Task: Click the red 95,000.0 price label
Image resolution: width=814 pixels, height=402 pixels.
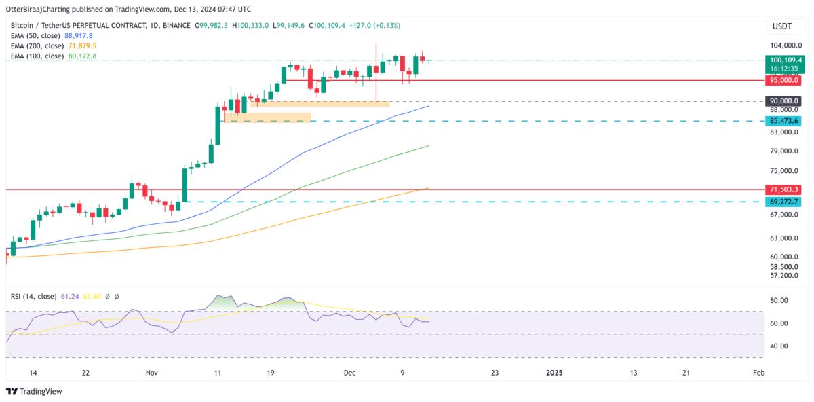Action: click(x=783, y=80)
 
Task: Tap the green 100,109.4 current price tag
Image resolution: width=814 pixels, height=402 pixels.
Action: click(x=783, y=60)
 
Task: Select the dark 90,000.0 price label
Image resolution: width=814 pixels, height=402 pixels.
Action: click(x=783, y=101)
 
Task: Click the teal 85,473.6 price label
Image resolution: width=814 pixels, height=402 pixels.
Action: click(x=783, y=121)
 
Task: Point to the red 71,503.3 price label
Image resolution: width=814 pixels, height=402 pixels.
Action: click(x=783, y=189)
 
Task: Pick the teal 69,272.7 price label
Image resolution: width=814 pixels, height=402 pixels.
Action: click(x=783, y=202)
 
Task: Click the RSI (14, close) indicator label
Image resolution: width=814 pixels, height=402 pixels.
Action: click(x=33, y=296)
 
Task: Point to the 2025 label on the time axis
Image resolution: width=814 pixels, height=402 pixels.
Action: click(x=554, y=373)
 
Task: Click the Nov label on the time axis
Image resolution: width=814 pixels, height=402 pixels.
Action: click(x=152, y=373)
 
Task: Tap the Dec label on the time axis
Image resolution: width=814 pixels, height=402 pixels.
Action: click(x=350, y=373)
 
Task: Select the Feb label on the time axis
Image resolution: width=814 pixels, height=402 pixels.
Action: click(x=759, y=373)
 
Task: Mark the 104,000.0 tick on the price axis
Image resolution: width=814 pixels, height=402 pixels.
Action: click(x=783, y=45)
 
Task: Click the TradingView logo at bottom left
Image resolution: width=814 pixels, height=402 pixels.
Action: click(x=34, y=392)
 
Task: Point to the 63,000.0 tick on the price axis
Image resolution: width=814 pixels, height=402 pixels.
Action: click(x=783, y=238)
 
